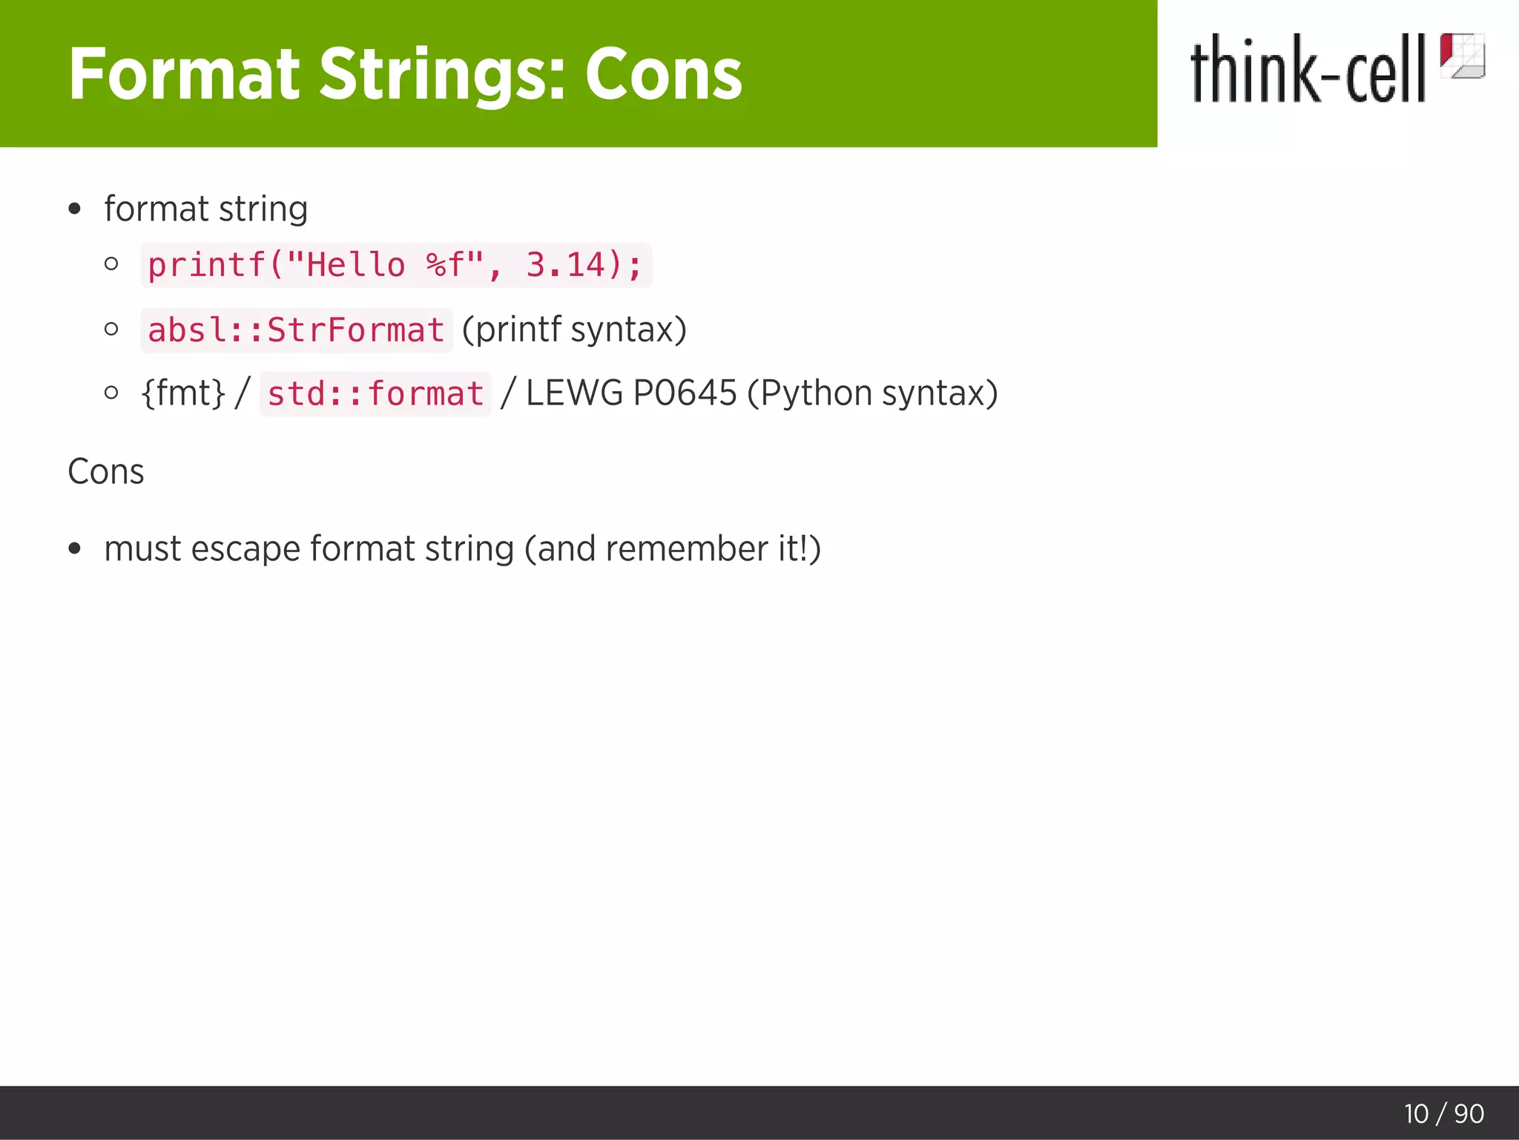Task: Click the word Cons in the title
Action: [663, 74]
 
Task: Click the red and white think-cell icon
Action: [1462, 56]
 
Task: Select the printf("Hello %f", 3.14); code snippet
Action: [395, 265]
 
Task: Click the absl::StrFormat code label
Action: [296, 330]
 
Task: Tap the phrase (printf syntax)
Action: [574, 330]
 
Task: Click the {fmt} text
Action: [182, 393]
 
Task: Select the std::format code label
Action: [375, 394]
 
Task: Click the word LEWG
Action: [574, 393]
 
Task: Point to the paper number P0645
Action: [685, 393]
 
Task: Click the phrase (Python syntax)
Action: [872, 393]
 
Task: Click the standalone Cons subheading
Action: [106, 471]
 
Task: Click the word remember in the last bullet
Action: [686, 549]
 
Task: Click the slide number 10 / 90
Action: [1443, 1113]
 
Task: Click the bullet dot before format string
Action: [74, 209]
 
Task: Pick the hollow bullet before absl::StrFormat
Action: [112, 329]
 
